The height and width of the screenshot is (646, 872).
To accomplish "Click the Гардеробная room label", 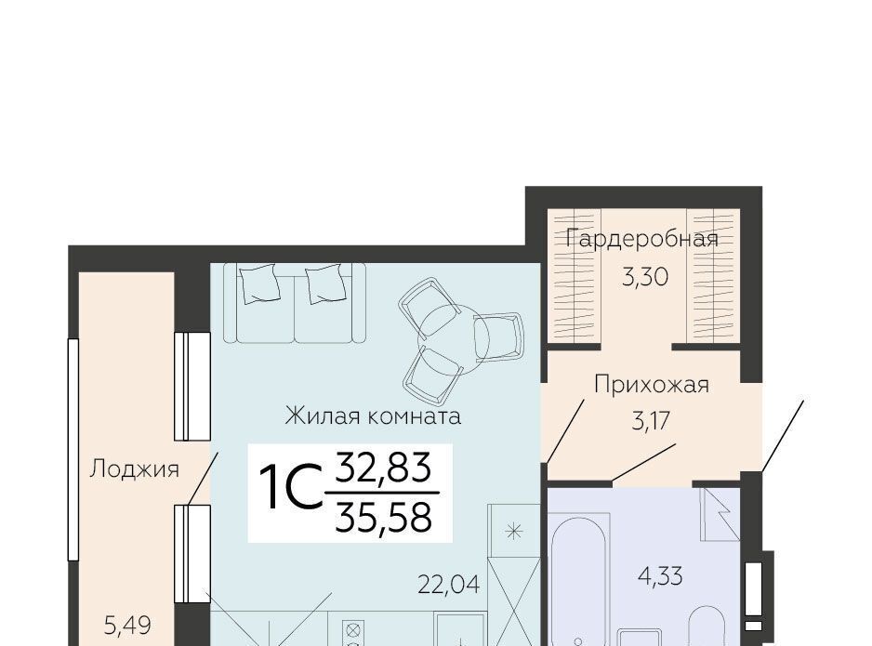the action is [x=641, y=239].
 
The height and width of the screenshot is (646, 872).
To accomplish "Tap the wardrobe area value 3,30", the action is [x=644, y=276].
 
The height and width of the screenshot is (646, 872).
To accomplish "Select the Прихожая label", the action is [x=652, y=384].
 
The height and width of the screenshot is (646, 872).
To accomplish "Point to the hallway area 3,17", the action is [x=651, y=421].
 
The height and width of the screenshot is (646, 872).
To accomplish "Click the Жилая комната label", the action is [x=373, y=415].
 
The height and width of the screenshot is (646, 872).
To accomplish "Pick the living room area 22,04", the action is [x=448, y=585].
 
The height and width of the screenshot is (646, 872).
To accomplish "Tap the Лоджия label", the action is [x=134, y=469].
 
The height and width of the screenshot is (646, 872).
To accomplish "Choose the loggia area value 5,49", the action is [x=127, y=626].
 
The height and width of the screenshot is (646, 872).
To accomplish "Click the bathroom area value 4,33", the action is [x=660, y=576].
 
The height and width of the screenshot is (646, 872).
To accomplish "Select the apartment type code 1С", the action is [x=291, y=487].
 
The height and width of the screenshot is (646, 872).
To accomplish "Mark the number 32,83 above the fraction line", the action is [x=383, y=467].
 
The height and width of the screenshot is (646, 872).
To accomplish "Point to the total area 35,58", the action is [x=383, y=517].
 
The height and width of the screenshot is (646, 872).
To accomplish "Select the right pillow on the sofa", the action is [x=326, y=283].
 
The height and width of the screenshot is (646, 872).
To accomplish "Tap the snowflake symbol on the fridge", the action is [x=513, y=532].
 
